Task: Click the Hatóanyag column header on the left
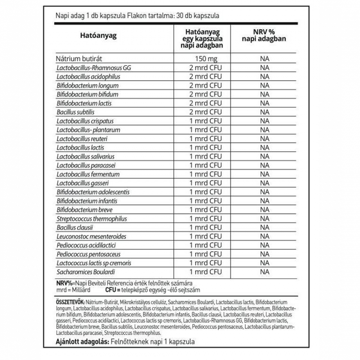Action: [x=98, y=36]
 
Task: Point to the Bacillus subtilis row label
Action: [x=74, y=112]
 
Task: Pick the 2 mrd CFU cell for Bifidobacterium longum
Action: [x=206, y=86]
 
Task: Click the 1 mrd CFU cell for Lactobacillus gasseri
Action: [x=206, y=183]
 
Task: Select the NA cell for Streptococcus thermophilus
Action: [x=265, y=219]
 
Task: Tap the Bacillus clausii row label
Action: [x=75, y=227]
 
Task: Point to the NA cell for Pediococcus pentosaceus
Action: [x=265, y=254]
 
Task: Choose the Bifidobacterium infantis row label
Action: [x=86, y=201]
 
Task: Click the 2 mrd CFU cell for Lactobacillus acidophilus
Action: [x=206, y=77]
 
